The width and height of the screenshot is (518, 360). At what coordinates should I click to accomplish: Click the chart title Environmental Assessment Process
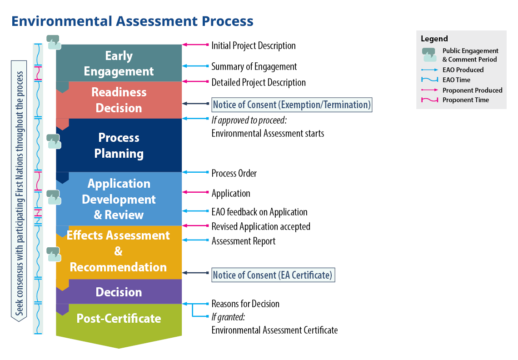(132, 21)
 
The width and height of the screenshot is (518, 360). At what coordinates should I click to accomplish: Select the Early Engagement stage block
(119, 63)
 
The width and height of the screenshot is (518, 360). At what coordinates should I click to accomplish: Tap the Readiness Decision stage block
(119, 100)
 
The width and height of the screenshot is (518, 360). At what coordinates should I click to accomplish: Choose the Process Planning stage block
(119, 145)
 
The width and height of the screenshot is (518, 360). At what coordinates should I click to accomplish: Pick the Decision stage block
(119, 292)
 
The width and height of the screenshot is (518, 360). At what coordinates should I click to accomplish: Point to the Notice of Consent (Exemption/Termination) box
(292, 105)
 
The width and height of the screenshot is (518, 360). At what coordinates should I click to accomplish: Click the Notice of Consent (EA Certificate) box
(273, 275)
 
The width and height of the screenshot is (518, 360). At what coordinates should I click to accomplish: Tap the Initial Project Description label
(254, 45)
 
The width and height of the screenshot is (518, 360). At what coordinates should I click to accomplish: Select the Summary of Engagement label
(254, 66)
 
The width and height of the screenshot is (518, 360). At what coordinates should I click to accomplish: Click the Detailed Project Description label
(259, 82)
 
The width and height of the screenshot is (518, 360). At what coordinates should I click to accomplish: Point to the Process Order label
(234, 173)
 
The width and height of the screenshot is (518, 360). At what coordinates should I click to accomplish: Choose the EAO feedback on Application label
(259, 212)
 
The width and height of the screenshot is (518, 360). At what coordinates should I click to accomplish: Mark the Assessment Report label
(244, 241)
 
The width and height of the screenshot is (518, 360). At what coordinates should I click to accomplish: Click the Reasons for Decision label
(245, 304)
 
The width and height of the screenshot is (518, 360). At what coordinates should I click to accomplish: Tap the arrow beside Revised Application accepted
(195, 226)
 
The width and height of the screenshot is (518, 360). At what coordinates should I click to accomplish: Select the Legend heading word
(434, 39)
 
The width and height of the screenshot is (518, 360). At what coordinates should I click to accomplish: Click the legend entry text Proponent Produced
(472, 90)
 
